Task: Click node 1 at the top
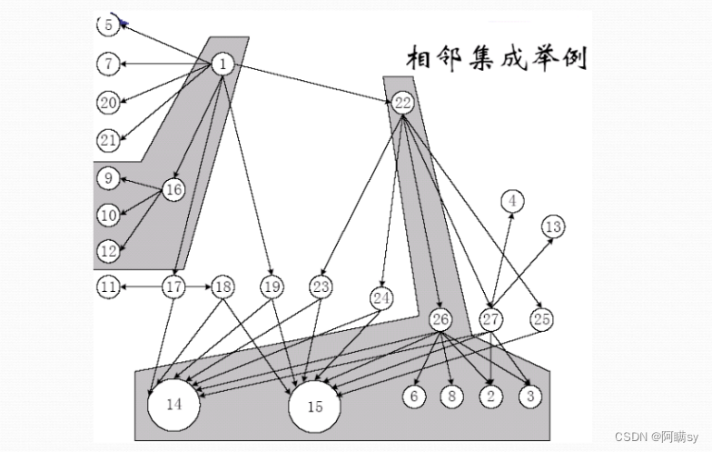223,64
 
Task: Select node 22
403,103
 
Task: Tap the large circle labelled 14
173,405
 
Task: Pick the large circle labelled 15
314,407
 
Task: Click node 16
173,189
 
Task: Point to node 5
108,25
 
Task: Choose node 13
553,226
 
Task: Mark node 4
512,200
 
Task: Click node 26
440,319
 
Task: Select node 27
491,319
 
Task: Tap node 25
542,319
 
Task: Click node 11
108,287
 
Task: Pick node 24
381,297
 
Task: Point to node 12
108,249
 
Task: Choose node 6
414,397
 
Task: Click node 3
530,397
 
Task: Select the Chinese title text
496,59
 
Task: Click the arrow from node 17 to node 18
198,287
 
